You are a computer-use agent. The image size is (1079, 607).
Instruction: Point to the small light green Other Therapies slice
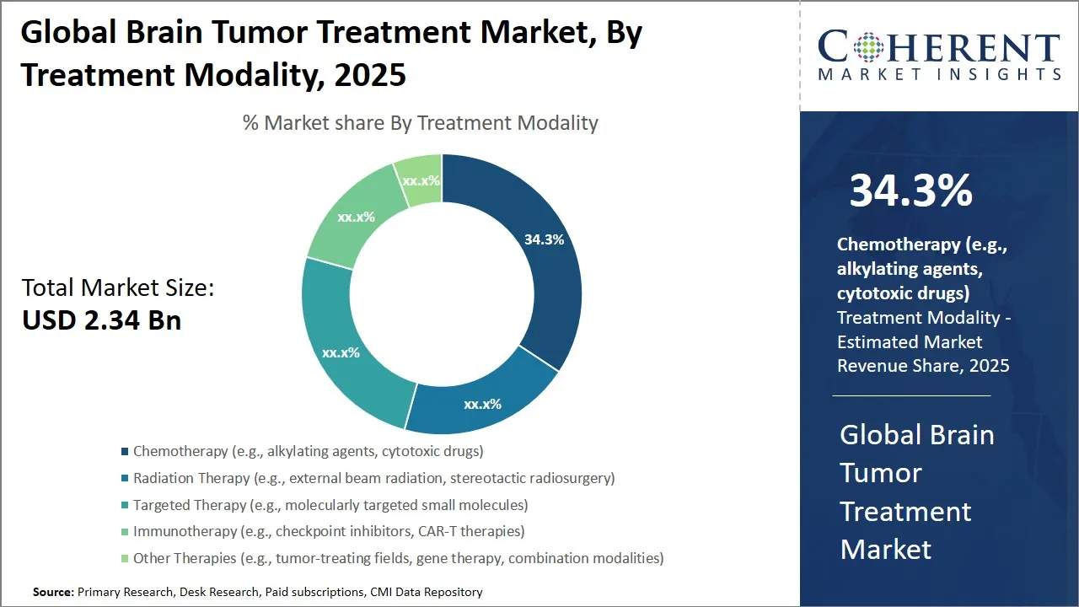pyautogui.click(x=421, y=179)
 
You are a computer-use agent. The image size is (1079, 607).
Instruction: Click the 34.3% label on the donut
pyautogui.click(x=544, y=239)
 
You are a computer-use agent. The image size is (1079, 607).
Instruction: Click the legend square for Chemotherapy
pyautogui.click(x=126, y=452)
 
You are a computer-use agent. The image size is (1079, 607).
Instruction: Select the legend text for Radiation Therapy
pyautogui.click(x=373, y=478)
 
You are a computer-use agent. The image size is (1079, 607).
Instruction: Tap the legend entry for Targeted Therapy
pyautogui.click(x=330, y=505)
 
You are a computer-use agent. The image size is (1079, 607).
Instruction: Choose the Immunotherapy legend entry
pyautogui.click(x=328, y=531)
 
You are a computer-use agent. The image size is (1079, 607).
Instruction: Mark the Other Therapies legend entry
pyautogui.click(x=398, y=558)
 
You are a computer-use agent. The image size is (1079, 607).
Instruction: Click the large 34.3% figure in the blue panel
pyautogui.click(x=910, y=191)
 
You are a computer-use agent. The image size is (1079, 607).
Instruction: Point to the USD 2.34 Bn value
pyautogui.click(x=101, y=320)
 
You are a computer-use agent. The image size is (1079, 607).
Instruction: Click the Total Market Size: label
pyautogui.click(x=118, y=287)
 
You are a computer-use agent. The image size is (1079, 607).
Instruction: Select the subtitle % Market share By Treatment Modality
pyautogui.click(x=420, y=123)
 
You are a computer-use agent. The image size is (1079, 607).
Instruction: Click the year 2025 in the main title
pyautogui.click(x=370, y=74)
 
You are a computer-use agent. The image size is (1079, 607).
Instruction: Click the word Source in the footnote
pyautogui.click(x=53, y=592)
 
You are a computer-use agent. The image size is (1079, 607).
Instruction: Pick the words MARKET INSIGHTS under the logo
pyautogui.click(x=939, y=74)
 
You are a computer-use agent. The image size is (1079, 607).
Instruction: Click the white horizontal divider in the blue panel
pyautogui.click(x=911, y=395)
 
